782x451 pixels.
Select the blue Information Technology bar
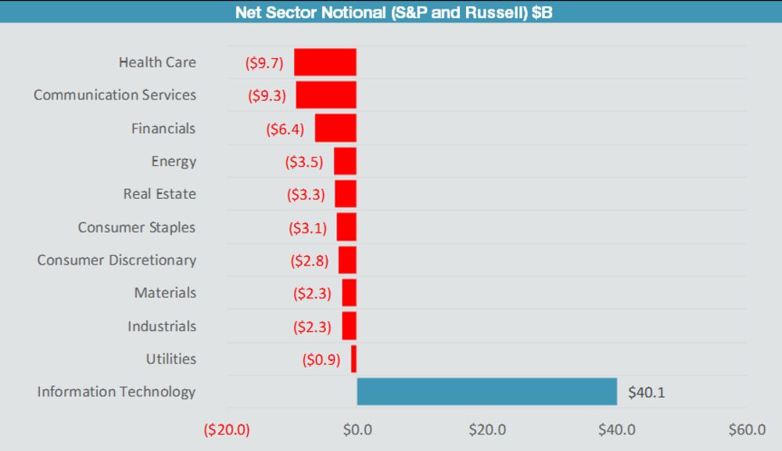click(486, 391)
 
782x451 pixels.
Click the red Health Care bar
click(325, 63)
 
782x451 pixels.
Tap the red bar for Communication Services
click(326, 96)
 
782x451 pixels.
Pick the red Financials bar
click(335, 128)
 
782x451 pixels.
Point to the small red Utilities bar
click(353, 359)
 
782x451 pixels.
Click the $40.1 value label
click(646, 392)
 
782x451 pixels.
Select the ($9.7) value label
click(264, 63)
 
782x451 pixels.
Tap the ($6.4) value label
click(285, 129)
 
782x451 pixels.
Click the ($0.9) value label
click(321, 359)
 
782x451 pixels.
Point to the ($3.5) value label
click(304, 162)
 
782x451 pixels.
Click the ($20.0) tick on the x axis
click(226, 430)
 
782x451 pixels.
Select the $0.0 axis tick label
click(357, 430)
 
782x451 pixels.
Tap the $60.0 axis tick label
click(746, 430)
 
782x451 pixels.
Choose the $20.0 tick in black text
click(486, 430)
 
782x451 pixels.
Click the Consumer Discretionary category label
click(117, 260)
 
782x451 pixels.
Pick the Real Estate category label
click(160, 194)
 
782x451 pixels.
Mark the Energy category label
click(174, 161)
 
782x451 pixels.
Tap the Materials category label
click(165, 293)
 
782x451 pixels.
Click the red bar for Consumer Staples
click(346, 227)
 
